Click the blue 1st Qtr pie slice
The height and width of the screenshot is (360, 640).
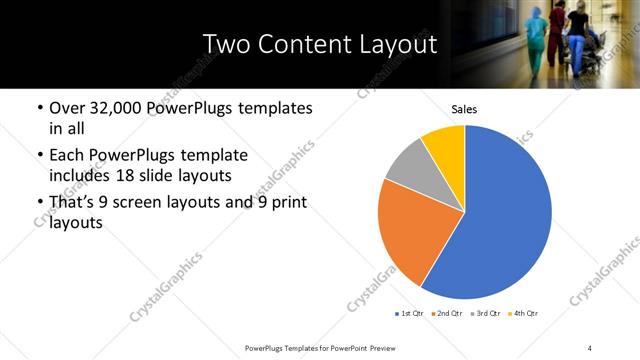(500, 220)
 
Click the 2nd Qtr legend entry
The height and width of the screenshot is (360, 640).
(445, 314)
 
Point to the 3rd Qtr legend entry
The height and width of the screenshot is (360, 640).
(483, 314)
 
